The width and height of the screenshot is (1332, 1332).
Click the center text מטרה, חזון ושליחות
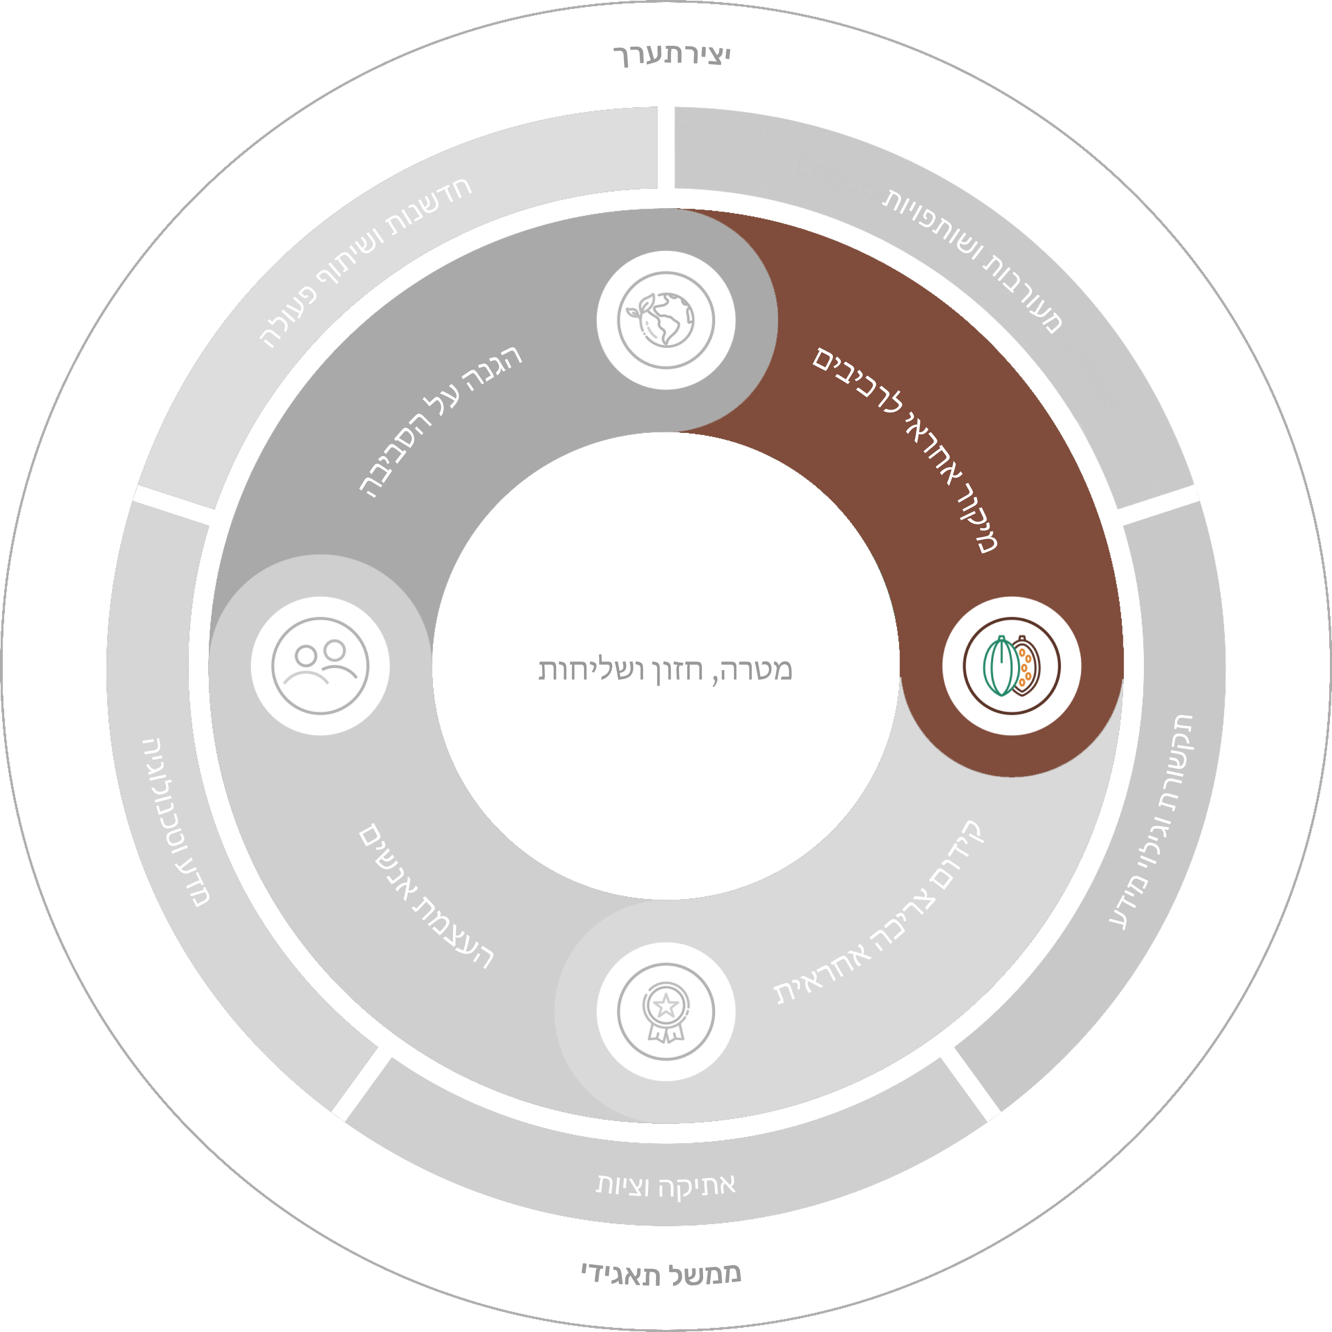tap(665, 669)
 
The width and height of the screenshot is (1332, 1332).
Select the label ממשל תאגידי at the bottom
tap(661, 1274)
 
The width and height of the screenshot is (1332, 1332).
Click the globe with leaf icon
tap(666, 320)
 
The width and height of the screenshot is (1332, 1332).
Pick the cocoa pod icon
tap(1011, 666)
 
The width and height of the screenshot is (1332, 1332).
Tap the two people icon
tap(320, 666)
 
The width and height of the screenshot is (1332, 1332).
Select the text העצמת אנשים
tap(427, 896)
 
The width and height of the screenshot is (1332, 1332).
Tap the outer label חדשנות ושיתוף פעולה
tap(365, 262)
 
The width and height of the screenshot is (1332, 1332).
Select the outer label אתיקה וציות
tap(666, 1185)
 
